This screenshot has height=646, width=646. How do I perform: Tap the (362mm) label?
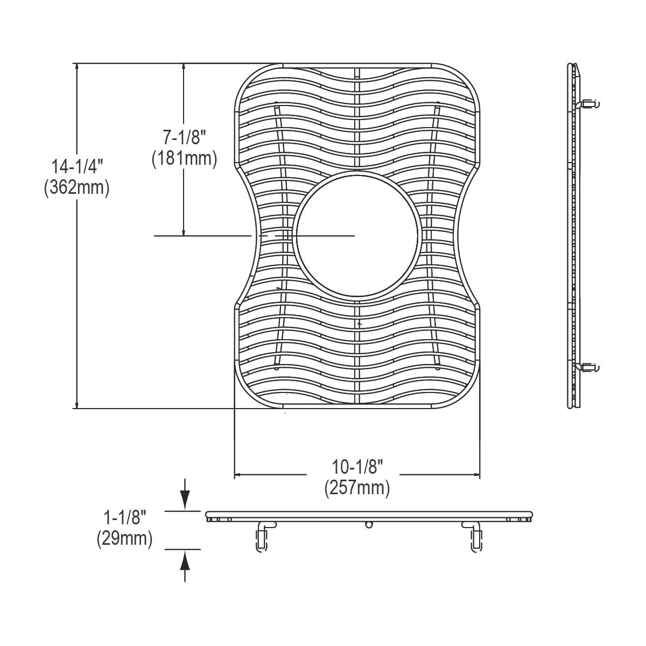tap(77, 188)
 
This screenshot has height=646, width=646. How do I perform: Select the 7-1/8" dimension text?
tap(184, 138)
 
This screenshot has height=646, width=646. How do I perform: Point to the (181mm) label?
tap(184, 158)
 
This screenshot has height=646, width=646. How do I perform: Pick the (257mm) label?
tap(357, 488)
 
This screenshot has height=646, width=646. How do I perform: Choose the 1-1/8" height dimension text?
tap(124, 518)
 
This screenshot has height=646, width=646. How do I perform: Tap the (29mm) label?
tap(124, 539)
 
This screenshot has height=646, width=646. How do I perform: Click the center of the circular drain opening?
tap(356, 236)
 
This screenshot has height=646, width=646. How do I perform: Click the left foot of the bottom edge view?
tap(262, 538)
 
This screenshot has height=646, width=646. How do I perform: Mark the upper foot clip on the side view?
tap(589, 103)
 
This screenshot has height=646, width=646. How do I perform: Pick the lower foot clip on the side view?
tap(589, 367)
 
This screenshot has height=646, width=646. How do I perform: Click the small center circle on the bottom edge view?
tap(369, 524)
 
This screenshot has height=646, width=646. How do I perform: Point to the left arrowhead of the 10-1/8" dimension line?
tap(237, 475)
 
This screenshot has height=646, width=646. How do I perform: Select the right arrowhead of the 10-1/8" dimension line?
tap(476, 475)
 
